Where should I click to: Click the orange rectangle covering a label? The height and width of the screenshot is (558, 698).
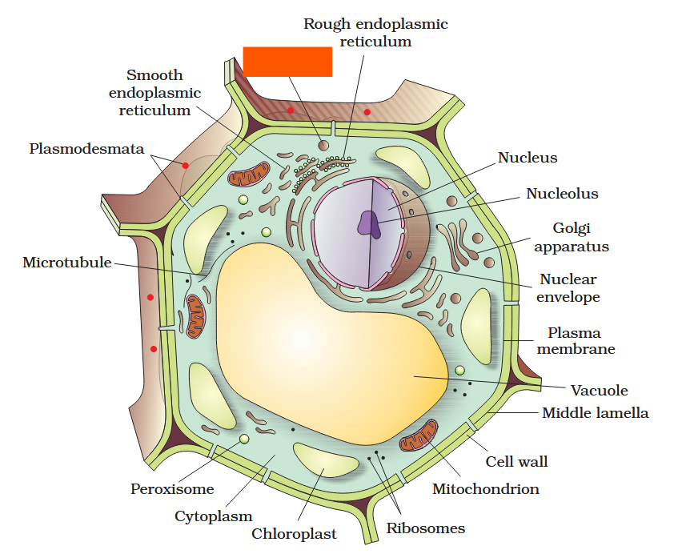[x=287, y=62]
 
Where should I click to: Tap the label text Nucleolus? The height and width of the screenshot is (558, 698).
[x=562, y=194]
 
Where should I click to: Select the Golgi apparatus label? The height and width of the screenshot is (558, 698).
[x=571, y=238]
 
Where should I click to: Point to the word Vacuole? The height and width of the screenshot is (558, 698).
[x=599, y=391]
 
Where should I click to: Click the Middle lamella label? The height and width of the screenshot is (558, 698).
[x=595, y=413]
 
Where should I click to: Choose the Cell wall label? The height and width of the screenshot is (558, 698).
[x=516, y=462]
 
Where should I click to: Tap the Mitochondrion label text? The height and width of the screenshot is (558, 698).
[x=485, y=488]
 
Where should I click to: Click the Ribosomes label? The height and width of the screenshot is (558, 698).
[x=425, y=528]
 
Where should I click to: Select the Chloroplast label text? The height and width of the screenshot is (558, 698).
[x=294, y=534]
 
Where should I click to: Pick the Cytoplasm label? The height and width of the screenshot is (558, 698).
[x=213, y=516]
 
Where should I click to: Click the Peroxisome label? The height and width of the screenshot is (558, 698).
[x=172, y=488]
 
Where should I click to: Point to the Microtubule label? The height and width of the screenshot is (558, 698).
[x=67, y=263]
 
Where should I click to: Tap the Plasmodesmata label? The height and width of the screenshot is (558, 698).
[x=86, y=149]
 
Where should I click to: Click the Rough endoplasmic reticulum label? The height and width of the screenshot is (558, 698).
[x=375, y=33]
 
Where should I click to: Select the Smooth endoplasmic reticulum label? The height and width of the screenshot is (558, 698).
[x=154, y=93]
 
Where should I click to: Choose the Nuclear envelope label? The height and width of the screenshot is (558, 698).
[x=568, y=288]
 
